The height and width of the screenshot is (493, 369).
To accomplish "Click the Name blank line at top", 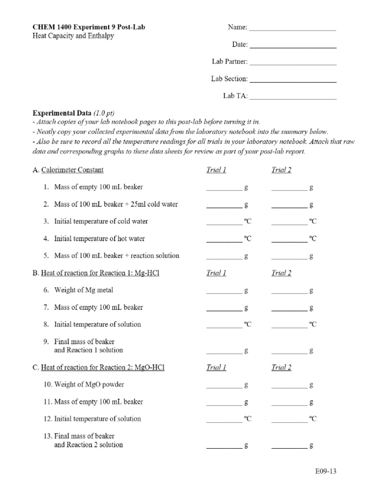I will coord(293,30).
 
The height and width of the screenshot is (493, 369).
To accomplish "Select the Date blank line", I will coord(293,47).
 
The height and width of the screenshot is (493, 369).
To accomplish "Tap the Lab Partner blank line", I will coord(293,64).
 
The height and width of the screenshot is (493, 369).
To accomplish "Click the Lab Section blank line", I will coord(293,81).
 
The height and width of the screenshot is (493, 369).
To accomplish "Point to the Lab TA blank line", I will coord(293,98).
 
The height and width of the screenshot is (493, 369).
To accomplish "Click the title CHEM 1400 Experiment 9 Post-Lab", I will coord(89,27).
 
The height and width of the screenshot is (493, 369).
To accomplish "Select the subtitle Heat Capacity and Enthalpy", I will coord(73,36).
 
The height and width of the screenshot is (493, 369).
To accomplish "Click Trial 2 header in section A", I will coord(282,170).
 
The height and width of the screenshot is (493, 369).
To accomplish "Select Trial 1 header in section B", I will coord(216,273).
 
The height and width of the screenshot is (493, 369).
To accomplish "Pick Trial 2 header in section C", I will coord(282,367).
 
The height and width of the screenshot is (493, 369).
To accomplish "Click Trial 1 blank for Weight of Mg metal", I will coord(224,293).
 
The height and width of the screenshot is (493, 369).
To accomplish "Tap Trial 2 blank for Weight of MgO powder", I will coord(289,387).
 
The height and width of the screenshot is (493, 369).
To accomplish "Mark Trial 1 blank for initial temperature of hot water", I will coord(224,241).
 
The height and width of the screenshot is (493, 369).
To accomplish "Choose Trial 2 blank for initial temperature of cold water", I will coord(289,224).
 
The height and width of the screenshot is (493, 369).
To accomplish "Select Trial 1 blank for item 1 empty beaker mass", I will coord(224,190).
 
